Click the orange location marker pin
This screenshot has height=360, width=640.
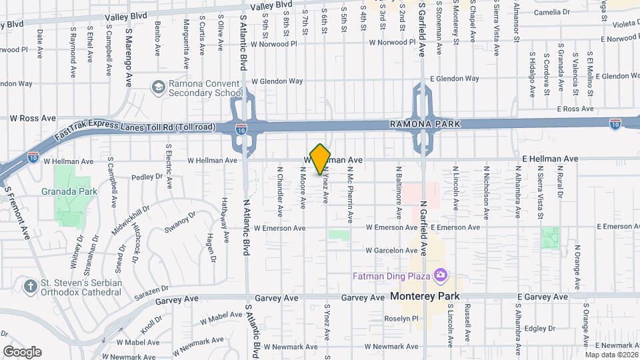click(321, 159)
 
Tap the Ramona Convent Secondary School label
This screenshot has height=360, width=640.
click(205, 88)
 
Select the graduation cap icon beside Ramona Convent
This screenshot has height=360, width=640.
click(158, 87)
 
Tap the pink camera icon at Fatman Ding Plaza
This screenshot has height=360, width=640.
click(439, 275)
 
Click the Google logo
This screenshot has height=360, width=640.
click(21, 352)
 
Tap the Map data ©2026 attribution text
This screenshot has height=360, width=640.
click(611, 354)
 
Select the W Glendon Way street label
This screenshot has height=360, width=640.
click(277, 81)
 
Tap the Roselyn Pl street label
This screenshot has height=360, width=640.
click(382, 319)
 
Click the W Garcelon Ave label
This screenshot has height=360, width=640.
click(391, 251)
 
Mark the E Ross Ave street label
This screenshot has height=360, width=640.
click(575, 109)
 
